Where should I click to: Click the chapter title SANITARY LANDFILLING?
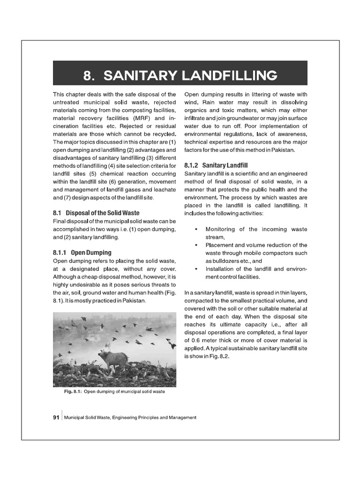(x=190, y=75)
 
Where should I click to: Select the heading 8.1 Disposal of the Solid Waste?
(x=96, y=213)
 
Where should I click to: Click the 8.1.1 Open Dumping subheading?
(x=82, y=252)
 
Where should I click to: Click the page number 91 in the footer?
(x=56, y=417)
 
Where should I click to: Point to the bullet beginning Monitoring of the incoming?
(x=256, y=229)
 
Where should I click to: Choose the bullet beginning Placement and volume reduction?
(x=256, y=245)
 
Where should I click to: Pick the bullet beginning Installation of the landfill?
(x=256, y=269)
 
